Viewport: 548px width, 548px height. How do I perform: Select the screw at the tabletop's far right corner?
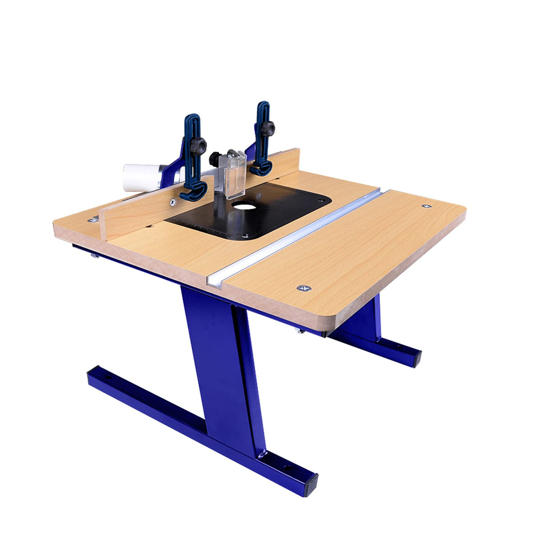[426, 206]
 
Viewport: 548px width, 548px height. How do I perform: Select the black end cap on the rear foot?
[416, 359]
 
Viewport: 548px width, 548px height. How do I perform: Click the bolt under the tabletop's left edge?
[95, 256]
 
